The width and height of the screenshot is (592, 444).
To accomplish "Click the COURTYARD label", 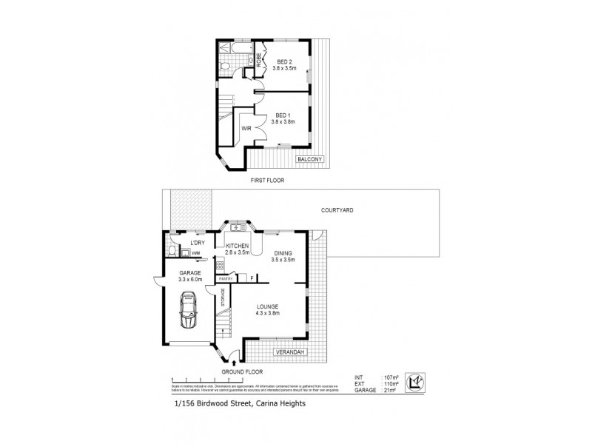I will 337,210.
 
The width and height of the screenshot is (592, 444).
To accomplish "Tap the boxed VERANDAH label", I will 289,352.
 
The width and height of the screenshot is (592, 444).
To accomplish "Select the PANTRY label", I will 225,278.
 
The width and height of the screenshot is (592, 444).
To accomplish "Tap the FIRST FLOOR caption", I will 267,180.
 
